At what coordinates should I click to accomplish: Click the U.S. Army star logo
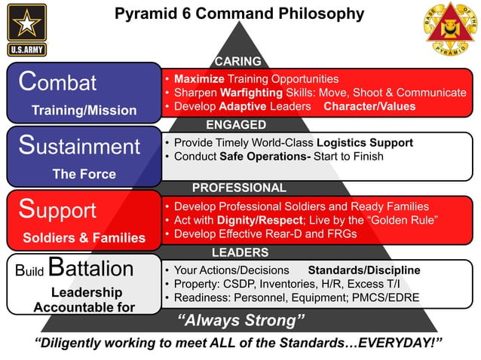click(x=27, y=29)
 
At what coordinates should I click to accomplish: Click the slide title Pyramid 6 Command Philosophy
click(x=239, y=14)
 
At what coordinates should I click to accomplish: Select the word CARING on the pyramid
click(x=237, y=61)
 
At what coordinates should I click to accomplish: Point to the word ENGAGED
click(x=236, y=124)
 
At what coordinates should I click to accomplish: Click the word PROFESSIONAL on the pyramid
click(x=239, y=188)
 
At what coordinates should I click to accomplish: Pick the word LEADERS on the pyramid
click(x=240, y=252)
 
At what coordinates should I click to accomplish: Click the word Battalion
click(x=90, y=269)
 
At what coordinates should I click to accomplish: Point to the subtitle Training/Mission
click(x=84, y=111)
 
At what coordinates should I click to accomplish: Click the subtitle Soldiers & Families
click(x=84, y=238)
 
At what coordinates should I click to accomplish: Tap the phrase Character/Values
click(x=369, y=106)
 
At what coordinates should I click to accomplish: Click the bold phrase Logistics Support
click(x=365, y=142)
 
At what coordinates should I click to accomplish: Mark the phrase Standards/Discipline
click(x=364, y=270)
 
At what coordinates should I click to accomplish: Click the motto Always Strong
click(x=240, y=322)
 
